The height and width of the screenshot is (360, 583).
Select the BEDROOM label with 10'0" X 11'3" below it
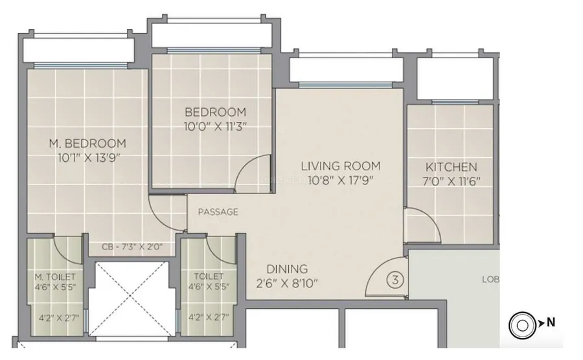[215, 111]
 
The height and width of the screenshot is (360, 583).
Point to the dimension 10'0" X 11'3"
[215, 126]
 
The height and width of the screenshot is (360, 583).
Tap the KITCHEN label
[452, 167]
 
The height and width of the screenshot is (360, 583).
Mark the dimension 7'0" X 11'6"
[452, 181]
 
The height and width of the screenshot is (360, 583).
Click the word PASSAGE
[218, 212]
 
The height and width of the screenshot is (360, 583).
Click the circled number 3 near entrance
[394, 280]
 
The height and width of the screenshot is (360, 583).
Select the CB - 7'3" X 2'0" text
[131, 247]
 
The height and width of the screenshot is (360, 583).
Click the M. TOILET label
[55, 276]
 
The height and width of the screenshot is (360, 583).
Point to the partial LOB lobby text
[490, 280]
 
